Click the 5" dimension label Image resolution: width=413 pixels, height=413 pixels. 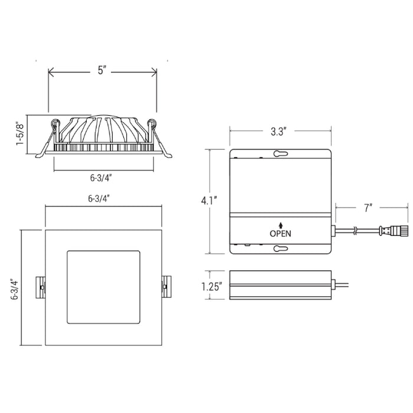point(102,70)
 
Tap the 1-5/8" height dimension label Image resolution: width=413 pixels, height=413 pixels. point(20,133)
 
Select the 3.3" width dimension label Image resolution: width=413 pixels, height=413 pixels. point(278,131)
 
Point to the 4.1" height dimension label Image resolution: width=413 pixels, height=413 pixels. point(209,201)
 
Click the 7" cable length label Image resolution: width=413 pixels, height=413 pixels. point(368,208)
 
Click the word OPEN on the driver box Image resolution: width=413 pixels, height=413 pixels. point(280,234)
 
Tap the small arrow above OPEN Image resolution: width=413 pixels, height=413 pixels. point(280,225)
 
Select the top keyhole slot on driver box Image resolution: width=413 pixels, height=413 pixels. point(280,153)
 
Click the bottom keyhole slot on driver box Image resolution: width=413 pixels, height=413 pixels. point(280,248)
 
